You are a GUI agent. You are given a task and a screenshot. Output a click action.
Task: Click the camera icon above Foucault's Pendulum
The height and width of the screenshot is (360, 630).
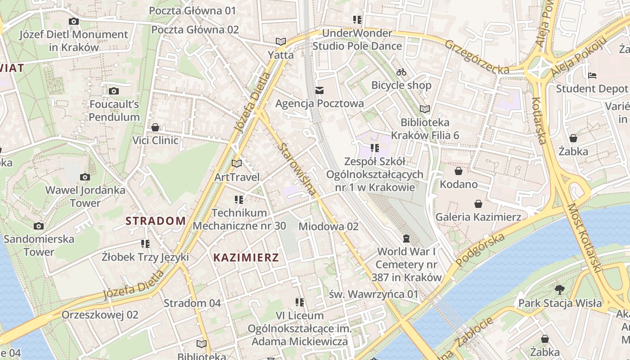pos(114,91)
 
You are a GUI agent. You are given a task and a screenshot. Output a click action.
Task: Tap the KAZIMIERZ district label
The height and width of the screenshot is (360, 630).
pos(246,258)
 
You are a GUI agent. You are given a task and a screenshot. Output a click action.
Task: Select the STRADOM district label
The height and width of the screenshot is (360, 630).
pos(155,221)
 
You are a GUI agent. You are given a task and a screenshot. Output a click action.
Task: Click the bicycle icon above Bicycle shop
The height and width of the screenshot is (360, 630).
pos(401,72)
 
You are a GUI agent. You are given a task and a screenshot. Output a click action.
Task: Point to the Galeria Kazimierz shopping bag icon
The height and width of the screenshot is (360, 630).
pos(478,204)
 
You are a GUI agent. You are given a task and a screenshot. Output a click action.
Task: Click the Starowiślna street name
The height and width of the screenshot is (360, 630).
pos(297,169)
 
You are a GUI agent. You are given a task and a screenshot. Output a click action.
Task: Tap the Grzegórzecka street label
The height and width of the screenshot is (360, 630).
pos(477,57)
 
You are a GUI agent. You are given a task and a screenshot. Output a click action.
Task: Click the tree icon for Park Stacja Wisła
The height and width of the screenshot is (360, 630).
pos(560,289)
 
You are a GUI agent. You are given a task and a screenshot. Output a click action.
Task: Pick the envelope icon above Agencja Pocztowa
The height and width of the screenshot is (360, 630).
pos(319,90)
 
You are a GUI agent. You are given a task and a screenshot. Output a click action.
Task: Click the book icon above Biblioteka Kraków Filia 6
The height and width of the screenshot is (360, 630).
pos(425,109)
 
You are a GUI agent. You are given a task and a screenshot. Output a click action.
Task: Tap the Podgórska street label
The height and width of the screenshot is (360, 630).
pos(480,250)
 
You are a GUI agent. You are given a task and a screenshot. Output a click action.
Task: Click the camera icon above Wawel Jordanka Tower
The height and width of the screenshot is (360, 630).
pos(85,177)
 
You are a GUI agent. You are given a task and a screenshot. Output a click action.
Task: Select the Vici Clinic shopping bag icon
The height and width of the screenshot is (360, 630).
pos(155,127)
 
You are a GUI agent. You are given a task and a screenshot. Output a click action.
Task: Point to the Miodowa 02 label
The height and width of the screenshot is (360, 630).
pos(328,226)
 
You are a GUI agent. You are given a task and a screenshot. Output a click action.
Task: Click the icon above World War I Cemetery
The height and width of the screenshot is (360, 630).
pos(406,238)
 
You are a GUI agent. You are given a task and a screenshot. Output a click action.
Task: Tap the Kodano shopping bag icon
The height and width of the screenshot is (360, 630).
pos(459,171)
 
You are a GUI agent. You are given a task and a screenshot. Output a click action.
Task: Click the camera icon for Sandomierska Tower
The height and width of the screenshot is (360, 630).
pos(39,226)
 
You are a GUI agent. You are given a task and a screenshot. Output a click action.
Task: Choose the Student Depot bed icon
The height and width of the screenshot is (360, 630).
pos(592,76)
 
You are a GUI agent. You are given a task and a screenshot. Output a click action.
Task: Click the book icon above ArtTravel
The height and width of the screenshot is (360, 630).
pos(237,164)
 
